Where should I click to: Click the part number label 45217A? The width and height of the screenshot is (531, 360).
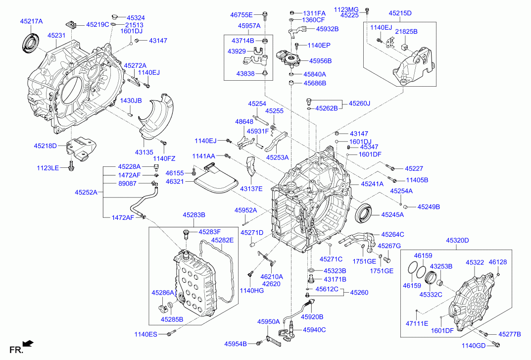31,21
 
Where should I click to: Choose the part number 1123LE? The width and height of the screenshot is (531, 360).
48,168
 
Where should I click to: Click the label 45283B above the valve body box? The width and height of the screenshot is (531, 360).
194,215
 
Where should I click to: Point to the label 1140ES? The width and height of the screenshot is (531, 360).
145,335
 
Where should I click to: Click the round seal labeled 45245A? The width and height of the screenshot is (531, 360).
365,213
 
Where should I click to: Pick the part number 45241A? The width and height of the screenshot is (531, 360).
372,184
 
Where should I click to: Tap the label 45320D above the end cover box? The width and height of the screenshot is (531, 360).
457,240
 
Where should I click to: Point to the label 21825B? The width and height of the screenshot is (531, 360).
406,31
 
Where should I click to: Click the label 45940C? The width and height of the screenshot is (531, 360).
314,329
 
